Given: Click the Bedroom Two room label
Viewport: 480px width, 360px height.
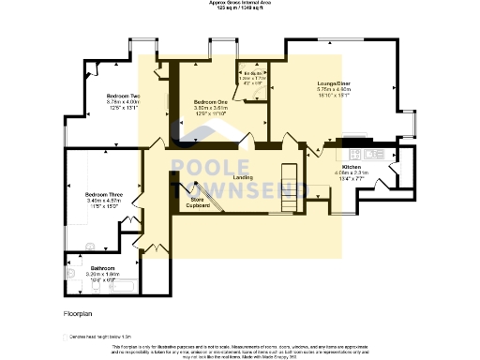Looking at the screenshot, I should coord(123,97).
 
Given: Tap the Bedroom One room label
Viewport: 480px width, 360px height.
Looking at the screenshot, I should coord(211,101).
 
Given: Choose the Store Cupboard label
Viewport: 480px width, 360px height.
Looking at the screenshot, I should coord(197,202).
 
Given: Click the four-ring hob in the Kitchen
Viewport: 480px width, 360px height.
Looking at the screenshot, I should coord(356,153).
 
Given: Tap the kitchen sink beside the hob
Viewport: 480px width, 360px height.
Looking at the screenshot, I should coord(377,153).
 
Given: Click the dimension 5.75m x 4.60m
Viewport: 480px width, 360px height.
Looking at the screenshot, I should coord(333,88).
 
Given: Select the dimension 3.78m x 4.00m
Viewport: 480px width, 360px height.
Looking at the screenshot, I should coord(123,103).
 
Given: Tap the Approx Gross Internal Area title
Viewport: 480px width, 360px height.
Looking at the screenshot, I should coord(240,3).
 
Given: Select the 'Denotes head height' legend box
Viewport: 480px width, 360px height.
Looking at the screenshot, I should coord(66,336).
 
